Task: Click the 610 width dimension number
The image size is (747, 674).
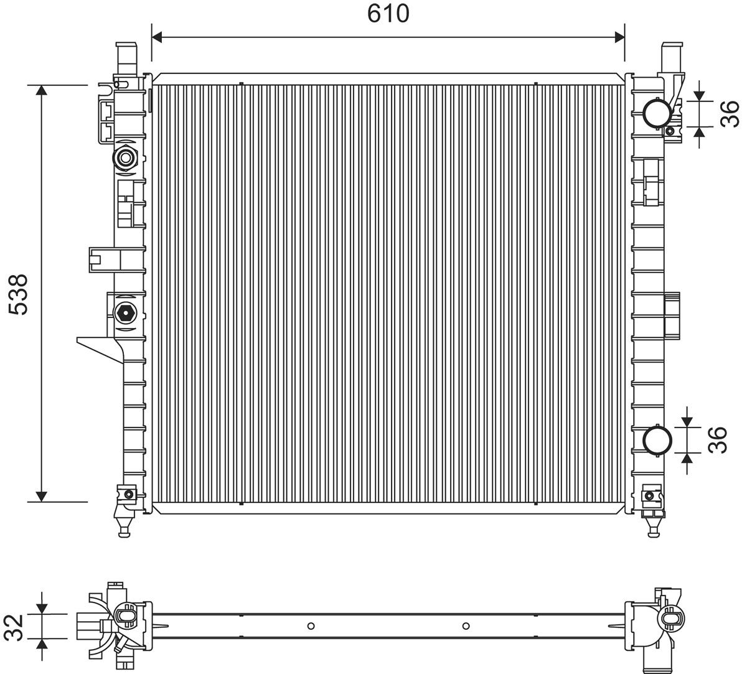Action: pos(388,13)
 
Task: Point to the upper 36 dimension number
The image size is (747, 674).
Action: pos(730,113)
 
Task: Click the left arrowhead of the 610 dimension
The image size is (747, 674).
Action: pos(157,37)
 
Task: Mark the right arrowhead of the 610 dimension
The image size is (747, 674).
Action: pos(619,37)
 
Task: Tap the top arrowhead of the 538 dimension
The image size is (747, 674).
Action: pos(42,90)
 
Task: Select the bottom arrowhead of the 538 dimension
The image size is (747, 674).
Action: pos(42,495)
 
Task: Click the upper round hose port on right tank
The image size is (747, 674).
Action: pos(657,113)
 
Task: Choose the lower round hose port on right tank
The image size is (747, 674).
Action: pos(657,440)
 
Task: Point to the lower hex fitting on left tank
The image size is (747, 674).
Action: pos(126,312)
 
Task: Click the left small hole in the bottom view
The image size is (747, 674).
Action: pos(312,626)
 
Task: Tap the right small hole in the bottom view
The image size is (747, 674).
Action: pos(466,626)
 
